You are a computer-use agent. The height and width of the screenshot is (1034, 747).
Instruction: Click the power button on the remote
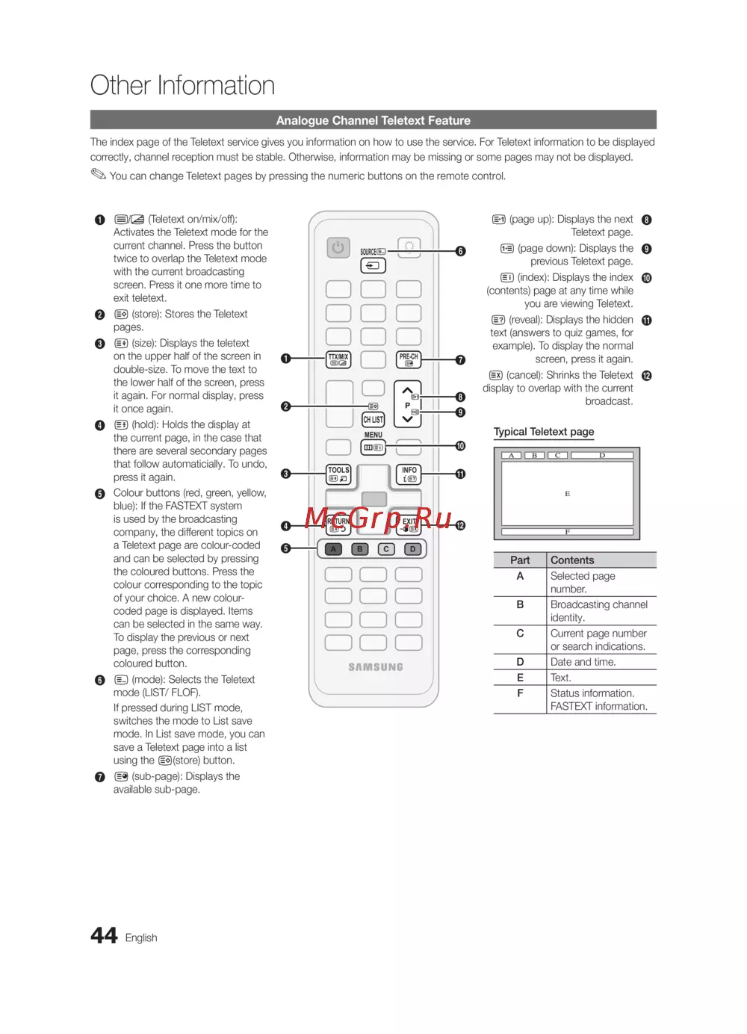[338, 247]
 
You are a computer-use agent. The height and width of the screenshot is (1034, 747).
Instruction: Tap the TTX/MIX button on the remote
[338, 360]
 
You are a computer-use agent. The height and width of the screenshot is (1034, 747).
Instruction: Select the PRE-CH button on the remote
[409, 360]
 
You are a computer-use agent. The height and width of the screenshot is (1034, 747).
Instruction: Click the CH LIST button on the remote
[373, 420]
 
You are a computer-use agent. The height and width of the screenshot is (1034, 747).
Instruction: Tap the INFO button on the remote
[409, 474]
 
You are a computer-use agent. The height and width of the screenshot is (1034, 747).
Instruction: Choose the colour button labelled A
[334, 549]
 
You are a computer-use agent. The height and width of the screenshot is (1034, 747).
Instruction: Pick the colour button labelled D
[412, 549]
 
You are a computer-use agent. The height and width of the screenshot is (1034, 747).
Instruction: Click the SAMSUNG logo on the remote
[375, 667]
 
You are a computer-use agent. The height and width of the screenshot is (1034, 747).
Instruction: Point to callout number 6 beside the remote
[461, 251]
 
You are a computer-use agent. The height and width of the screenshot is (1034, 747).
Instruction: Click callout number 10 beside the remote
[461, 446]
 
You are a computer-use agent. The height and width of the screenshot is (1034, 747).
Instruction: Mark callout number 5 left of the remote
[285, 548]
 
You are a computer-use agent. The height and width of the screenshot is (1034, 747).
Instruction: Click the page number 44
[104, 935]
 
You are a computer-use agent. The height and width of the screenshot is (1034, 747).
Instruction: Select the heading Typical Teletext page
[544, 432]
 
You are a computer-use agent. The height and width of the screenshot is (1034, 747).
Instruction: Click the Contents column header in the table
[572, 560]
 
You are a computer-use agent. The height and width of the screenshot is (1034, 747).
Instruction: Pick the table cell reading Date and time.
[583, 662]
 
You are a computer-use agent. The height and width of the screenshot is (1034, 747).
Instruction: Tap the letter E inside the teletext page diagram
[568, 494]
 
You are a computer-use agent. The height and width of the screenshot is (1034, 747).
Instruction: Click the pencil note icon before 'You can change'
[99, 175]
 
